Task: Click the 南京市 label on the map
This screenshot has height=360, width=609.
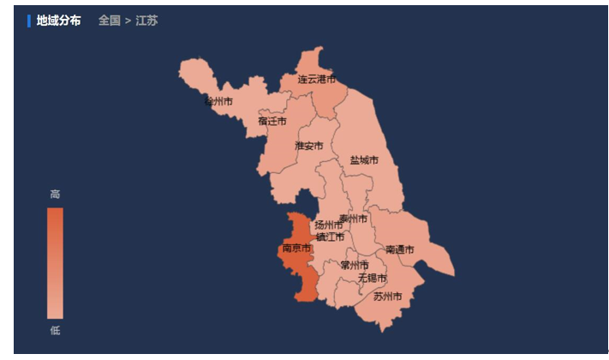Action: pos(296,249)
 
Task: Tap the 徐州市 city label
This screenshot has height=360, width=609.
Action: pos(218,101)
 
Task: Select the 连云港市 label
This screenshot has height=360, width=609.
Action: pos(317,79)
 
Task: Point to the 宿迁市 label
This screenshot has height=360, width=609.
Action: pos(272,121)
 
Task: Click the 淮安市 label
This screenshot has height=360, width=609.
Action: pos(309,146)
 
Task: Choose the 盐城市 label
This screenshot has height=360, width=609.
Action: pos(364,160)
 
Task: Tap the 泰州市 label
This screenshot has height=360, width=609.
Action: pos(353,219)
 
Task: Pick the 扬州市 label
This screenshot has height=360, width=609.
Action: pos(329,225)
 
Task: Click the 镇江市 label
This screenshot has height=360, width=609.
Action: pos(330,237)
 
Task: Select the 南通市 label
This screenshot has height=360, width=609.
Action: pos(399,250)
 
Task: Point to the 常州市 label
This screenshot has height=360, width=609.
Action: pos(354,266)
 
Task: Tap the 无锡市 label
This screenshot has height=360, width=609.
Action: pos(372,279)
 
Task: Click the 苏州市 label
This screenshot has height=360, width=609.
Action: pos(387,297)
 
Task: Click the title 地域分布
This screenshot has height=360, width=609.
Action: pos(58,21)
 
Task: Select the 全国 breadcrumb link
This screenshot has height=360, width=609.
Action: pos(109,21)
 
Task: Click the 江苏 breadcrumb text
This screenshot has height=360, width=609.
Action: pos(146,21)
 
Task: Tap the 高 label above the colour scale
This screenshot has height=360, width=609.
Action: pos(55,195)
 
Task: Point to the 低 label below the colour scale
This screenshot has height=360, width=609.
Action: pos(55,331)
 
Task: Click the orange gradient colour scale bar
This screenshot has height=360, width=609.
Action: pos(55,263)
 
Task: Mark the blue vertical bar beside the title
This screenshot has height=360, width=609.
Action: pos(29,21)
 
